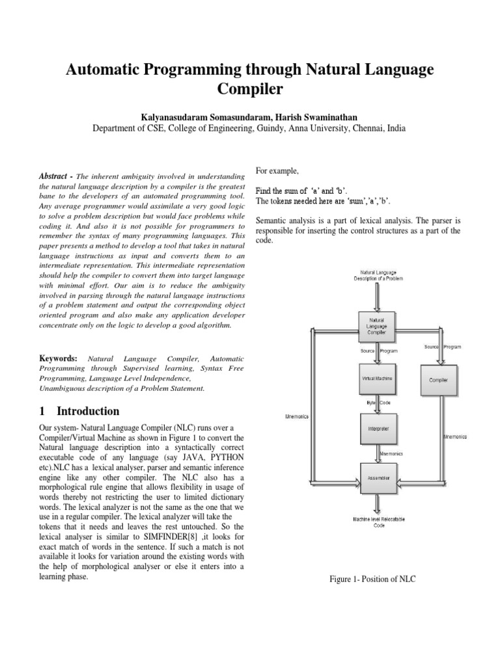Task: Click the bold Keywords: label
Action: click(x=58, y=358)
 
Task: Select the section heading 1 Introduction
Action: click(x=79, y=411)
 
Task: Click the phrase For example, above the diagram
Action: click(x=277, y=170)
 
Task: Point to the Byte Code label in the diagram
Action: click(x=376, y=403)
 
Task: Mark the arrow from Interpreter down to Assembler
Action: click(x=377, y=453)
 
